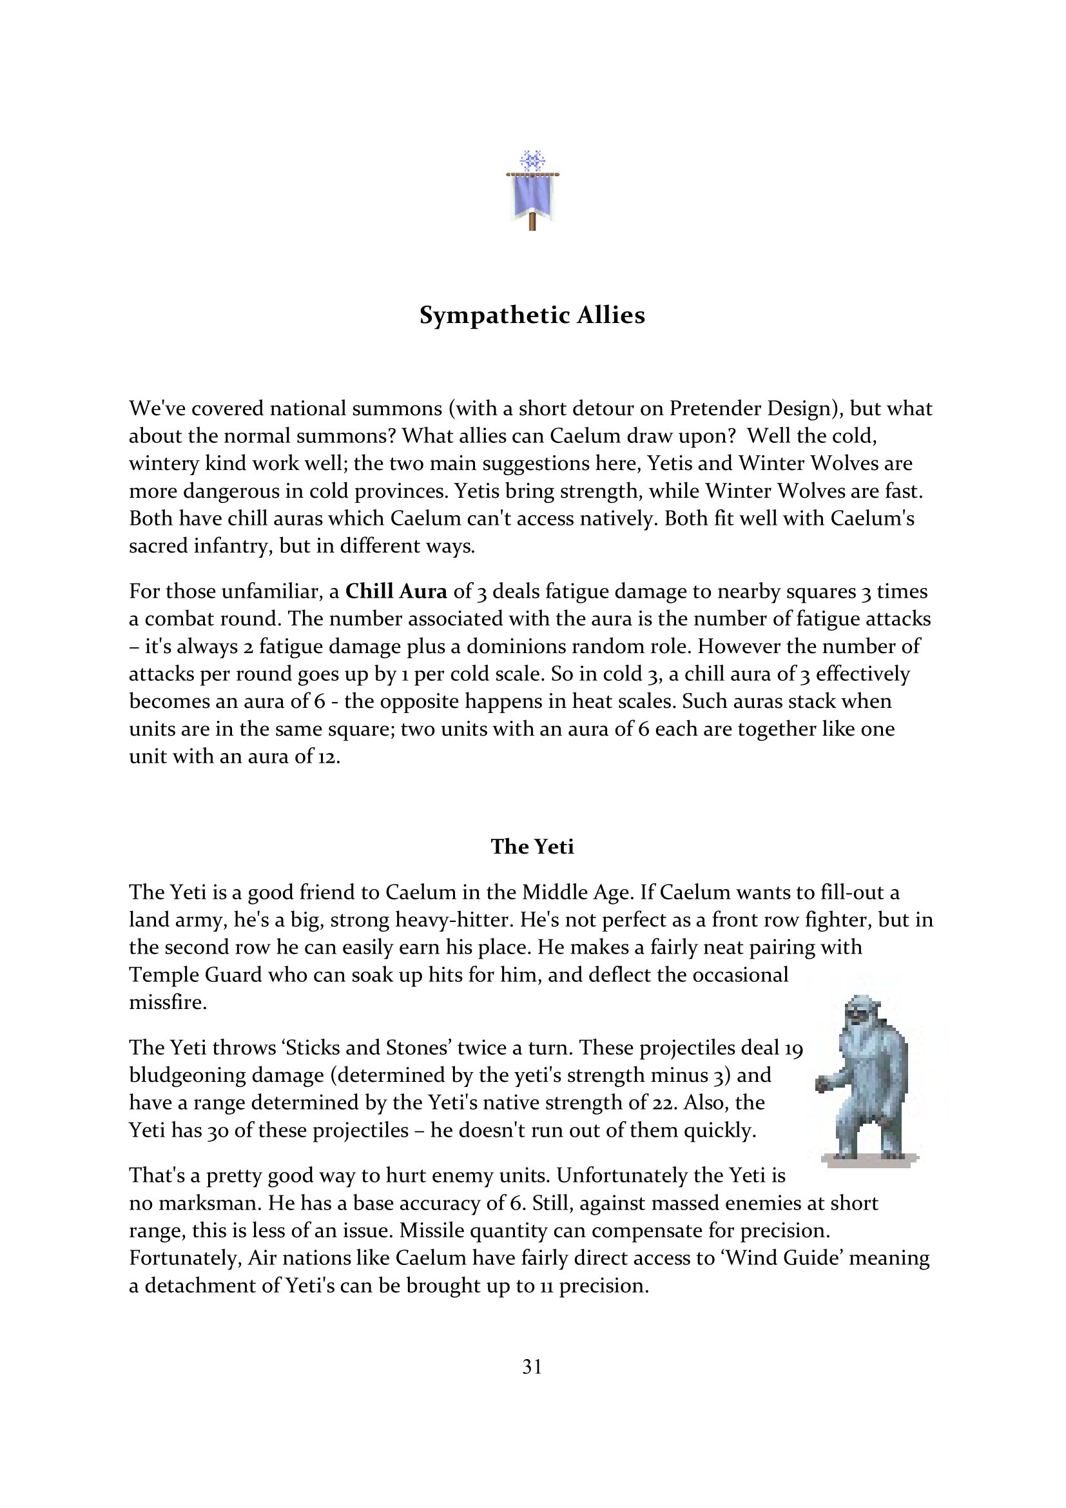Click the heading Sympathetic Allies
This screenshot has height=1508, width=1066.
532,316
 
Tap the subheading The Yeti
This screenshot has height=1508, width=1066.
532,847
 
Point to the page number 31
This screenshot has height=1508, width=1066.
532,1367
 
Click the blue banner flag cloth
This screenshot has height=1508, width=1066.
532,195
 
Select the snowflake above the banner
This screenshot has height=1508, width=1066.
532,160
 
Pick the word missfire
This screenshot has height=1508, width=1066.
168,1003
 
